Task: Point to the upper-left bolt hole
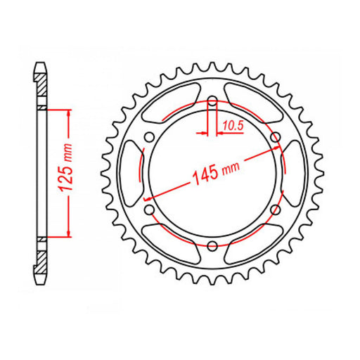(149, 136)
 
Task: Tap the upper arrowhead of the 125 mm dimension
(68, 112)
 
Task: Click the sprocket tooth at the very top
(212, 64)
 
